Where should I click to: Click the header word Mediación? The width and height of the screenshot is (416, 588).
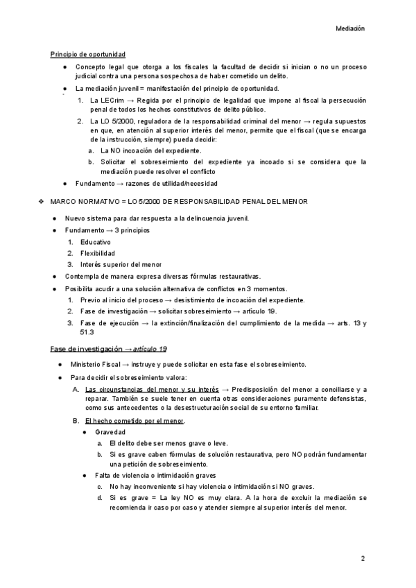click(x=350, y=29)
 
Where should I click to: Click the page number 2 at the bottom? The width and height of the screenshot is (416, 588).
click(x=363, y=558)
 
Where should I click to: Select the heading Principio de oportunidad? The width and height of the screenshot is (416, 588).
click(x=88, y=55)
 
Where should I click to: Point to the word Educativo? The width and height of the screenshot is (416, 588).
click(x=96, y=242)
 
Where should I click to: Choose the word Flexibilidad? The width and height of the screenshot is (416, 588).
click(x=98, y=253)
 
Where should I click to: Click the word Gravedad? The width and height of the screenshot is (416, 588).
click(x=110, y=433)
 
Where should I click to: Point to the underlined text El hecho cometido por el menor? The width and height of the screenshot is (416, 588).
click(x=135, y=421)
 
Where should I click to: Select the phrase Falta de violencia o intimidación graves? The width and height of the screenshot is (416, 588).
click(x=156, y=476)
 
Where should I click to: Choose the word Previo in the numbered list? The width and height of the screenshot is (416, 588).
click(x=91, y=300)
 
